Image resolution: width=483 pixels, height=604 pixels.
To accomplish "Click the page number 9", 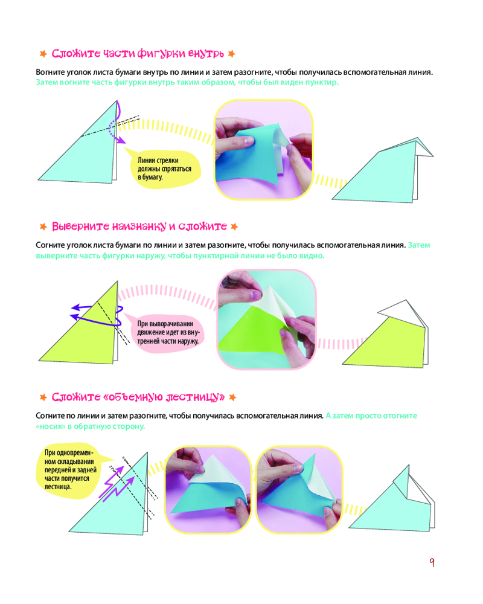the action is tap(432, 562).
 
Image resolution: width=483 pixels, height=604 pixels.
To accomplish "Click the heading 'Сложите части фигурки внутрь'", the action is tap(138, 54).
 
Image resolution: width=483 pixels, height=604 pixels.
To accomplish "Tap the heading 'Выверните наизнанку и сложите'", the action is tap(139, 226).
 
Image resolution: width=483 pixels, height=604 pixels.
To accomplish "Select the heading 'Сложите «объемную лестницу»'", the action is tap(138, 397).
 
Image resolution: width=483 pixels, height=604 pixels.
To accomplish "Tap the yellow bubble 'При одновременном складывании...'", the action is tap(71, 470).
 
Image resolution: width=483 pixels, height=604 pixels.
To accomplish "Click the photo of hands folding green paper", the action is tap(267, 320).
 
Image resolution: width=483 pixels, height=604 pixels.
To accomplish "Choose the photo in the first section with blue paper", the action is tap(263, 150).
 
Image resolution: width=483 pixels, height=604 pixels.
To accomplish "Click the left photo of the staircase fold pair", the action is tap(208, 490).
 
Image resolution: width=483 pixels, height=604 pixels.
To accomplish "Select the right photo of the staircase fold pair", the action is tap(299, 490).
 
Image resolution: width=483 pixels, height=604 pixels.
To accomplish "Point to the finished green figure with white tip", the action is tap(386, 333).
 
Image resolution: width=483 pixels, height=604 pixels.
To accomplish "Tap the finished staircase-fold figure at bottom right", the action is tap(392, 498).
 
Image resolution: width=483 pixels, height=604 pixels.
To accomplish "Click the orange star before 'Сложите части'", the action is tap(43, 54).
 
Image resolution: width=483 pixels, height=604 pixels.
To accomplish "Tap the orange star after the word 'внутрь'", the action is tap(231, 54).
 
